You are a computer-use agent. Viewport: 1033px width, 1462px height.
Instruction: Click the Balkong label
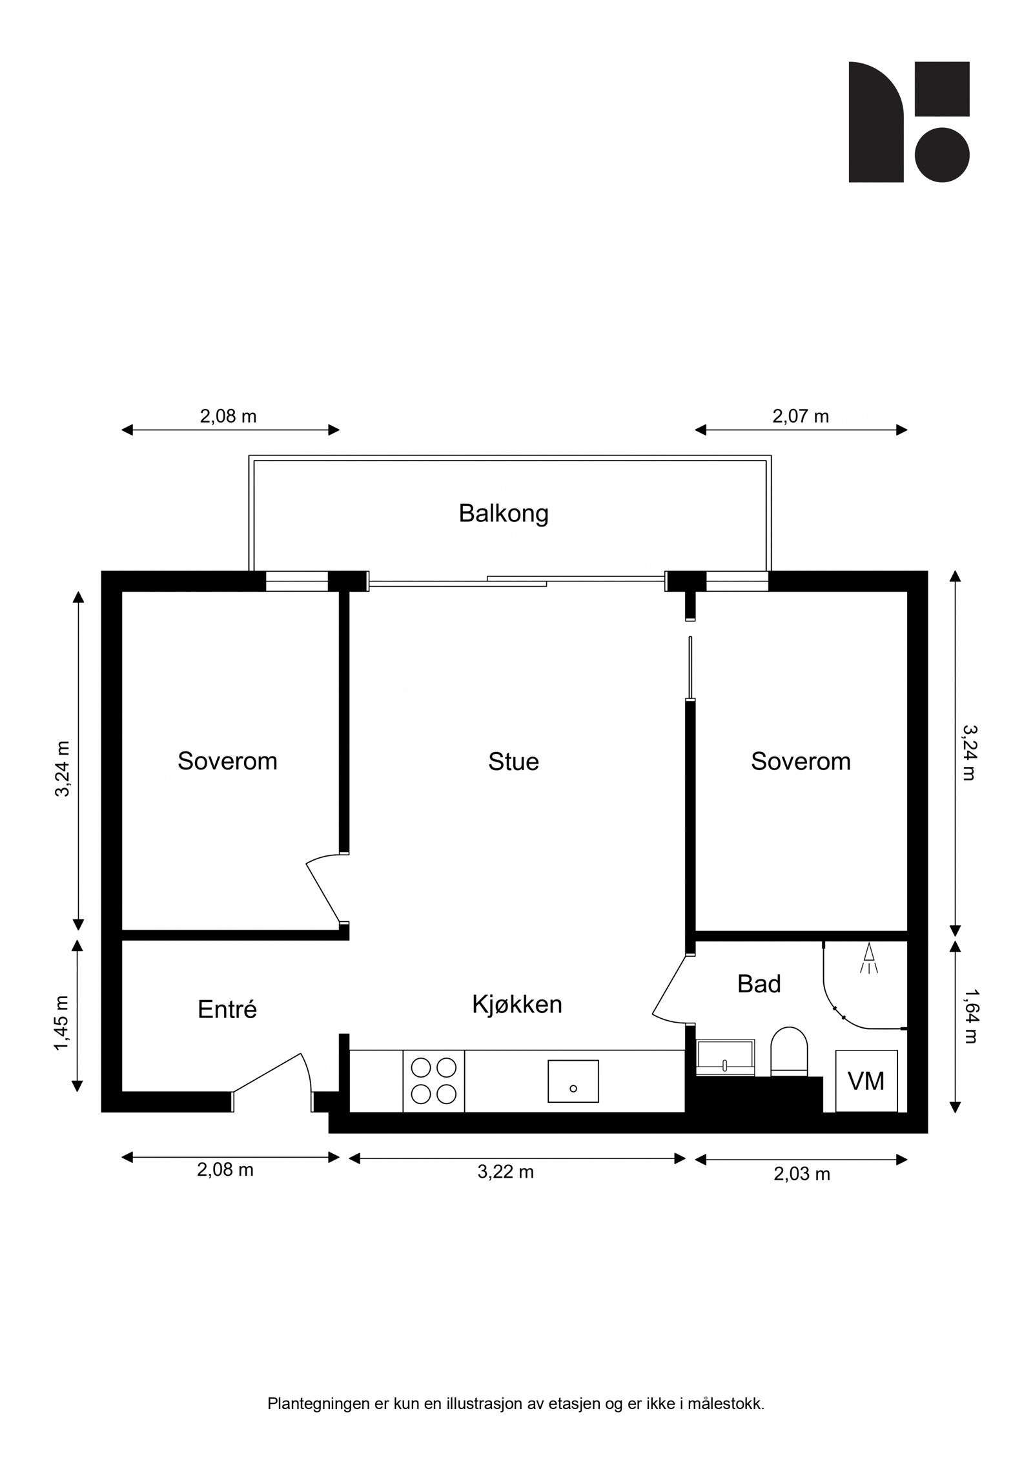tap(504, 514)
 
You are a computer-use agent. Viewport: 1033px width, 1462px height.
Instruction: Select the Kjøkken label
tap(517, 1004)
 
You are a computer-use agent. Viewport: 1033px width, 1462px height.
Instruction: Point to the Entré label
tap(227, 1009)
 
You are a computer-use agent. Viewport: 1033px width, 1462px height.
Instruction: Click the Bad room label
tap(759, 984)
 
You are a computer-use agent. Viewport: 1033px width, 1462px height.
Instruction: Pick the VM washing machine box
tap(866, 1081)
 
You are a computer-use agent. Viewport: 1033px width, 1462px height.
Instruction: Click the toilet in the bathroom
tap(789, 1051)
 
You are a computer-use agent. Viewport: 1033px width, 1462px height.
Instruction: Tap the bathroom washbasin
tap(725, 1058)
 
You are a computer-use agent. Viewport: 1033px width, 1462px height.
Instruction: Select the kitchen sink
tap(573, 1081)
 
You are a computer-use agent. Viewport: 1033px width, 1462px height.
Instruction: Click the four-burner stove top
tap(434, 1081)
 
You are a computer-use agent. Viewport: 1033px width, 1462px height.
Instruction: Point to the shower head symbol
tap(868, 957)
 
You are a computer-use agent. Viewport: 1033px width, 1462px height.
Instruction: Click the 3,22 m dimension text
tap(506, 1172)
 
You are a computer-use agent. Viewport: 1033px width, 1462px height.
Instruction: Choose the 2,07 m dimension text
tap(801, 416)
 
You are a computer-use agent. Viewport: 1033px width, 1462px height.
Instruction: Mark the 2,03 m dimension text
tap(802, 1174)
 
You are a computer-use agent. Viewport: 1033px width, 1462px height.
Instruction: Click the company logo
tap(909, 122)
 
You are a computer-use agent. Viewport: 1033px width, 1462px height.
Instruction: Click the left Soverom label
tap(227, 761)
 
